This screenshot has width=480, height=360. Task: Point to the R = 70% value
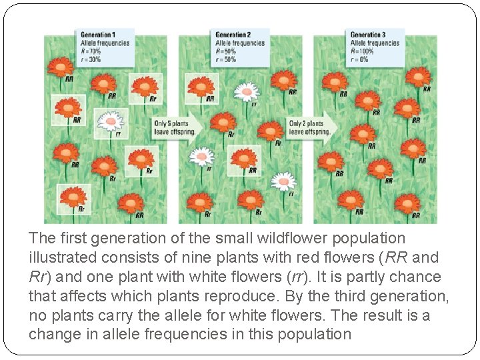tap(92, 50)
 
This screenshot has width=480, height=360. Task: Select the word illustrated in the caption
tap(61, 257)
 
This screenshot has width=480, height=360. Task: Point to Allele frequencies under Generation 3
tap(375, 43)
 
